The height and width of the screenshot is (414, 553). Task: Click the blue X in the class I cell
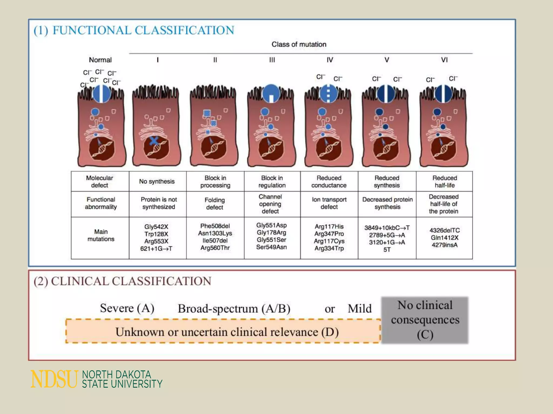point(154,140)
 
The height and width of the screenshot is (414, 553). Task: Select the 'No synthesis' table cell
point(157,181)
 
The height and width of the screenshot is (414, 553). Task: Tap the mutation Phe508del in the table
point(215,226)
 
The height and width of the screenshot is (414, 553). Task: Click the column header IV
point(330,60)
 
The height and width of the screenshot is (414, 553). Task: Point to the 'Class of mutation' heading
point(299,44)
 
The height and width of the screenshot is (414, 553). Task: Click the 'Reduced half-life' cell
point(444,181)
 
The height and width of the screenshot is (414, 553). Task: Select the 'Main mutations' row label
point(101,235)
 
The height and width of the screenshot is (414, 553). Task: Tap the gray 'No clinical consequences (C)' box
point(425,320)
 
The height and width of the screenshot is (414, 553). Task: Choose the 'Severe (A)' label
point(127,308)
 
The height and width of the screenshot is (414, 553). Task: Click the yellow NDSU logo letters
point(54,379)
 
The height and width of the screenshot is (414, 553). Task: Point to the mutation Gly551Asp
point(271,225)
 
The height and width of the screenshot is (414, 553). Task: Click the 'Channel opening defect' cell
point(270,204)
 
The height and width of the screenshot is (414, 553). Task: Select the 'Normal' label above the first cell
point(100,60)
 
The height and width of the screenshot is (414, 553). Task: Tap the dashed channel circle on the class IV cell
point(328,94)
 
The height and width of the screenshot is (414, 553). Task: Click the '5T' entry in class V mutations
point(387,250)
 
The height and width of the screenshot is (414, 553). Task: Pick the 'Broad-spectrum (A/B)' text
point(234,309)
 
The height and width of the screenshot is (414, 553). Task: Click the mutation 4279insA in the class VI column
point(444,245)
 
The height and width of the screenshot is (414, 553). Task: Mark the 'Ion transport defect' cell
point(329,203)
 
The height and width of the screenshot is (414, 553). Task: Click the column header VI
point(444,60)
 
